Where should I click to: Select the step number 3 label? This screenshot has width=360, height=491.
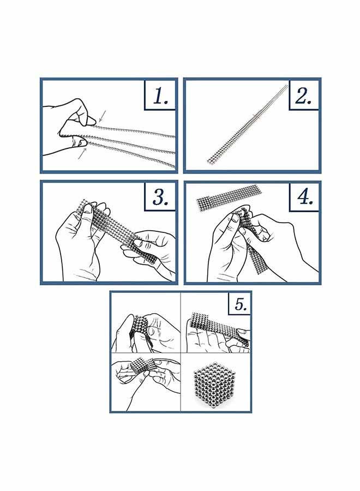click(160, 197)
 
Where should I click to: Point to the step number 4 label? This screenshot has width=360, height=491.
click(304, 197)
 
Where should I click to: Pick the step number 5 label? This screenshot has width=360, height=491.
click(241, 303)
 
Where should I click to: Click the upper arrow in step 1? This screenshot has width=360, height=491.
click(103, 116)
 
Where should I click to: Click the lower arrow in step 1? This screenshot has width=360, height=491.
click(82, 153)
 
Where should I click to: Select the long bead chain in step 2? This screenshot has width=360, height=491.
click(247, 124)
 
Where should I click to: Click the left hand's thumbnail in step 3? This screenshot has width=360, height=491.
click(88, 209)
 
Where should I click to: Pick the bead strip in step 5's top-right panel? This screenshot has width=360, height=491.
click(219, 327)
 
